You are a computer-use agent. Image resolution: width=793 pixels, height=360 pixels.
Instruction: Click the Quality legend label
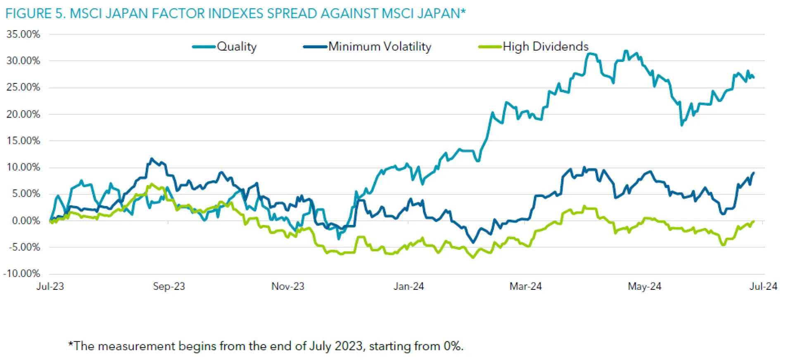point(237,47)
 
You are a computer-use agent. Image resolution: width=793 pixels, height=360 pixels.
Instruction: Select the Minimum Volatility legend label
point(380,47)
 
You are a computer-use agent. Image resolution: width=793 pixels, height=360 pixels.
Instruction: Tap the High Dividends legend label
point(545,47)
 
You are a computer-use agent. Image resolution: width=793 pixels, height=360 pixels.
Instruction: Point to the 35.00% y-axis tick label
point(23,34)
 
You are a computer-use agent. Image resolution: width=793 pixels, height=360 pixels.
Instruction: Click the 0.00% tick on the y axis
point(26,221)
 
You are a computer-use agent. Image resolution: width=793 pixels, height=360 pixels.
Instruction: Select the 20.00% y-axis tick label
point(23,114)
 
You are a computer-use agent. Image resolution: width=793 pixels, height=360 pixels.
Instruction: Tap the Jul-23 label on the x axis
point(50,287)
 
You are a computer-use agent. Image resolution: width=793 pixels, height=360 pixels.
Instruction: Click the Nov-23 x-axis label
point(287,287)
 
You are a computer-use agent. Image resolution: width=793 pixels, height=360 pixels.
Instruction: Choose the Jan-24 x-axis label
point(408,287)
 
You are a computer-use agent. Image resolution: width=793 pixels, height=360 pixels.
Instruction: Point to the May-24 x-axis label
point(644,287)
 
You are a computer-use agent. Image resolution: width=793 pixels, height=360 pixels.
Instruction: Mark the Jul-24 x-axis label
point(763,287)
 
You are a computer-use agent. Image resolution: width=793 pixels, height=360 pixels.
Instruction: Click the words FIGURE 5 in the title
point(35,14)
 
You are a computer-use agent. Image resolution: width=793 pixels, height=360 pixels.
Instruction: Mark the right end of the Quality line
point(754,77)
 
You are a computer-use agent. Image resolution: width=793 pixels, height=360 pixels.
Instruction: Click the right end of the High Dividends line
point(754,221)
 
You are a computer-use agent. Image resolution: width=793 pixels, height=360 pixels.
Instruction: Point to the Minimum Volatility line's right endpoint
point(754,173)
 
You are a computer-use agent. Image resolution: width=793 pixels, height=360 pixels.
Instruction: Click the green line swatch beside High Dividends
point(490,47)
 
